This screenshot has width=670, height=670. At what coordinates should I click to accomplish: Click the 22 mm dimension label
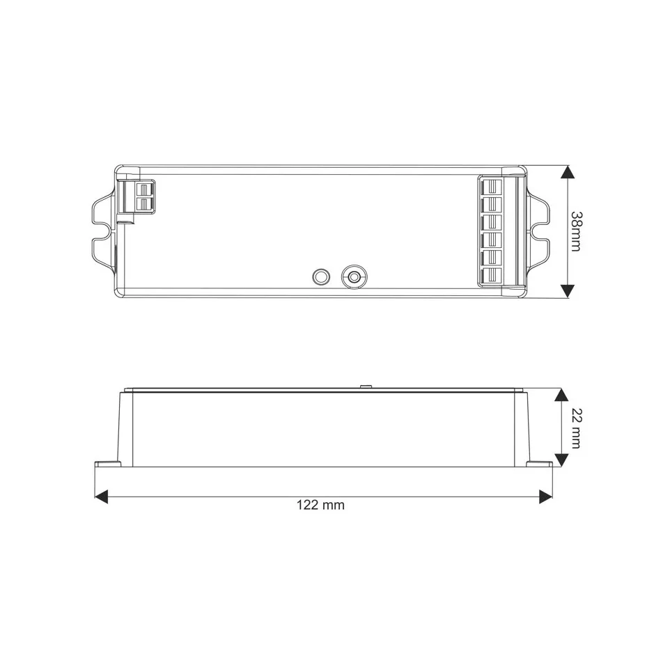pyautogui.click(x=575, y=428)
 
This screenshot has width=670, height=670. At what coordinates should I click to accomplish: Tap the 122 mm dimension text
pyautogui.click(x=320, y=505)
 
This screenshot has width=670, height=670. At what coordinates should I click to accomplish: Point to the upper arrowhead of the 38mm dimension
pyautogui.click(x=567, y=172)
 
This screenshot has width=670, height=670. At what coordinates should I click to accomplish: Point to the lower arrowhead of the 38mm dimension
pyautogui.click(x=567, y=291)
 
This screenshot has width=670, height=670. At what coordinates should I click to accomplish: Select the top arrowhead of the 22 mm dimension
pyautogui.click(x=561, y=395)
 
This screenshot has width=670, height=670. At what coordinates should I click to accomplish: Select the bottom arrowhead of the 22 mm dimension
pyautogui.click(x=561, y=460)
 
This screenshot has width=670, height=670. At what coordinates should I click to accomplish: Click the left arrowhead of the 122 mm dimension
pyautogui.click(x=101, y=497)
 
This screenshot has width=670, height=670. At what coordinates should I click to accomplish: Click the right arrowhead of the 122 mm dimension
pyautogui.click(x=545, y=497)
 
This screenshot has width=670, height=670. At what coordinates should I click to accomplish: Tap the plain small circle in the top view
pyautogui.click(x=321, y=276)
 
